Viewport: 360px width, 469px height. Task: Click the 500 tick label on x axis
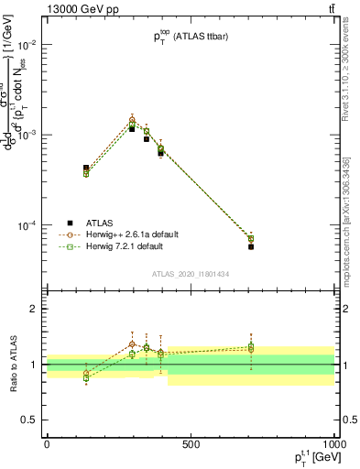point(191,444)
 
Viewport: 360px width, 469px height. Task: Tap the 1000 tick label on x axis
point(333,444)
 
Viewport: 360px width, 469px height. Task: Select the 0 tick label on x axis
point(47,444)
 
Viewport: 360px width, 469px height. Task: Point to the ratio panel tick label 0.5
point(27,420)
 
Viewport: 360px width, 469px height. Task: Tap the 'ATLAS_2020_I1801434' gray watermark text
point(190,274)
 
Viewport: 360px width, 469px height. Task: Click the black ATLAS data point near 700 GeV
point(251,246)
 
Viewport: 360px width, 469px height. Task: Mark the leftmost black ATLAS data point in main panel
point(86,169)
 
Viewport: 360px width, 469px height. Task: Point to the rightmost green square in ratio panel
point(251,348)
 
